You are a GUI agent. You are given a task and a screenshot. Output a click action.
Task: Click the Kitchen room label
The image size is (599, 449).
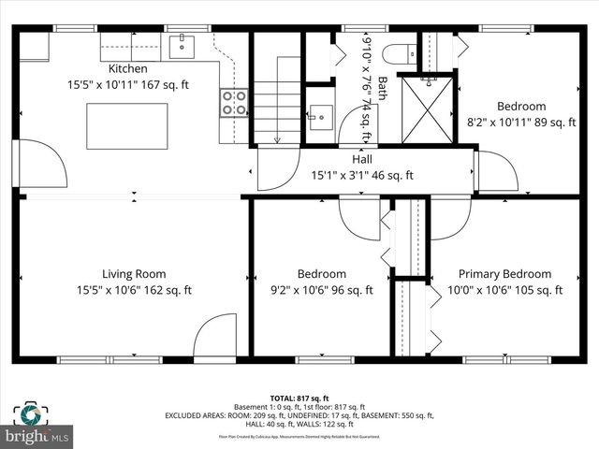127,68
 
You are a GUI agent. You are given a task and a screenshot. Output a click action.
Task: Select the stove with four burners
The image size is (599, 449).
234,103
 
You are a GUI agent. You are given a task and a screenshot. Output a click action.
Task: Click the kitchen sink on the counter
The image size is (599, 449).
182,44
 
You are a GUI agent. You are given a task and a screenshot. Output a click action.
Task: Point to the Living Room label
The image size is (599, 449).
134,274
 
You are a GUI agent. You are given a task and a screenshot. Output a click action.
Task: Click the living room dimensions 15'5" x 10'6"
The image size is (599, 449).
134,290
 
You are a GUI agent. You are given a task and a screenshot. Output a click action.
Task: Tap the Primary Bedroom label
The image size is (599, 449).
504,274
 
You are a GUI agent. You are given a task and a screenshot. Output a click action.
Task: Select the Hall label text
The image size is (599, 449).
362,159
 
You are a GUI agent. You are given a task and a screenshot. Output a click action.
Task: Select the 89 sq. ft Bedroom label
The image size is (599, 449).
521,106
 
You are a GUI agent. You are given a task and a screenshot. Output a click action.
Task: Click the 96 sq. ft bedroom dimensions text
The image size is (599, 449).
321,290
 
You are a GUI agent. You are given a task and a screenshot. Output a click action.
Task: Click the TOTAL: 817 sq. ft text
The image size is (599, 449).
299,398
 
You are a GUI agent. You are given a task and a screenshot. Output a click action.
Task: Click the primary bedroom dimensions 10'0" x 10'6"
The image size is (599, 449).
504,290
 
